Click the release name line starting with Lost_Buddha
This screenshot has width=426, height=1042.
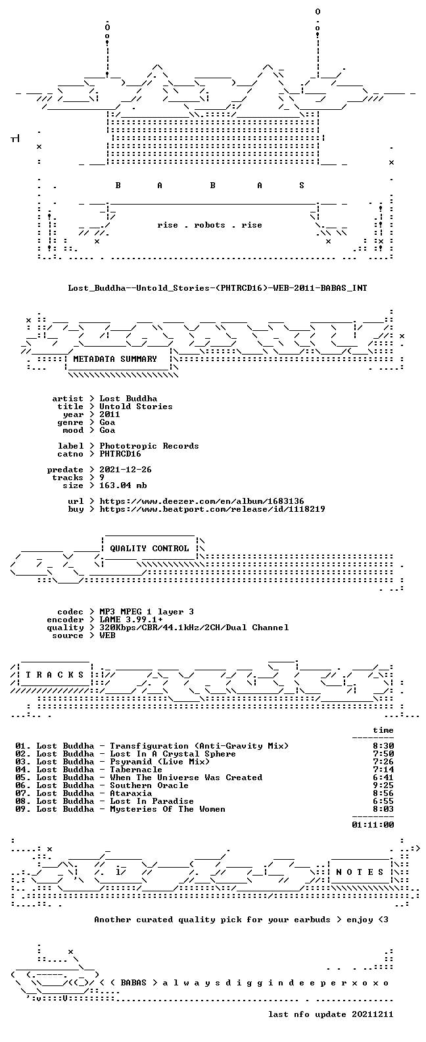pos(218,288)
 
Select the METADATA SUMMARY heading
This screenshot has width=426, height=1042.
pos(115,359)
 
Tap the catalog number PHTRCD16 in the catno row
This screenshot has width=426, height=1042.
pos(120,454)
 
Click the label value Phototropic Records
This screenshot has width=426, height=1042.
pos(149,446)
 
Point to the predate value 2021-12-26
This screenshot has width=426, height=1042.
pos(126,470)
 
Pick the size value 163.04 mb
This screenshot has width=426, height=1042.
pos(123,485)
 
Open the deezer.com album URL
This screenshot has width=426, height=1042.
pos(202,501)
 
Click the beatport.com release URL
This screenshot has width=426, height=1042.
pos(212,509)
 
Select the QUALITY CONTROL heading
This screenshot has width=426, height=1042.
pos(149,549)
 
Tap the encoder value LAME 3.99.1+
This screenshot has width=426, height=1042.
pos(131,620)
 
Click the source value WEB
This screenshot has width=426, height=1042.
pos(107,635)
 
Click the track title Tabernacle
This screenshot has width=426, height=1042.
pos(136,770)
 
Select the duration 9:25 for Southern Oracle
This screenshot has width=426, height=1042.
pos(383,785)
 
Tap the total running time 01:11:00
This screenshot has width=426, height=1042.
pos(373,825)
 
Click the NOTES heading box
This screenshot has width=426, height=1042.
pos(360,872)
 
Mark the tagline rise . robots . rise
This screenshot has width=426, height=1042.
pos(209,225)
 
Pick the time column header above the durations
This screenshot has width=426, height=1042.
pos(383,730)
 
